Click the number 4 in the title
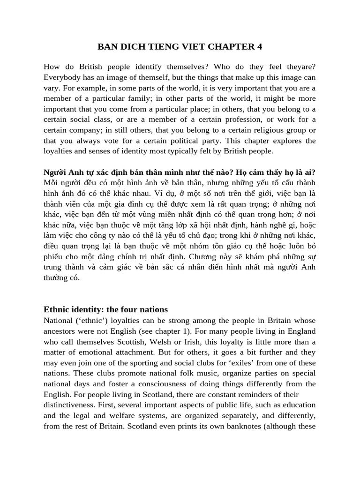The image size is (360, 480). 259,46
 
